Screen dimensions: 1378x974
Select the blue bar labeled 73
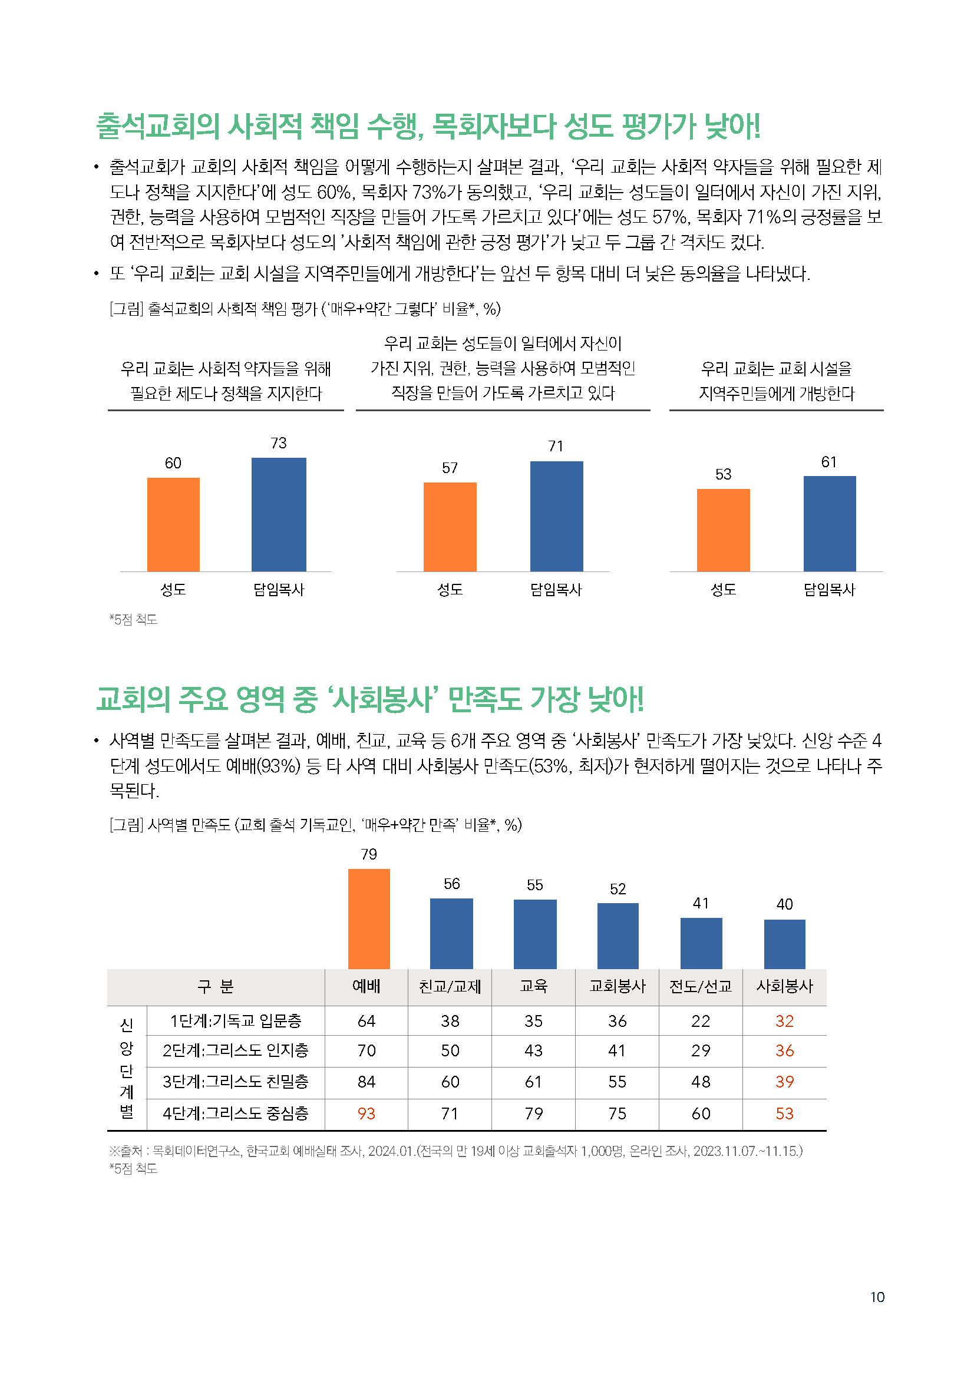tap(279, 514)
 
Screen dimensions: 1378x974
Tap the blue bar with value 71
tap(556, 516)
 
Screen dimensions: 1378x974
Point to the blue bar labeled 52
tap(618, 936)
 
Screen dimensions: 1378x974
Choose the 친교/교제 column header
tap(450, 986)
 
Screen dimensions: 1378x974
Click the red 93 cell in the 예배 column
tap(366, 1113)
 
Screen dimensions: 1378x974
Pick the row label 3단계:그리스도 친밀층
tap(235, 1082)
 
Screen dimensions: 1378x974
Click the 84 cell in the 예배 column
tap(366, 1082)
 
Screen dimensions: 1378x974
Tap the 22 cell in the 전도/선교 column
tap(701, 1021)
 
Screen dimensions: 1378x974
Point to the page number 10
tap(877, 1297)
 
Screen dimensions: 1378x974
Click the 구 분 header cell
tap(216, 986)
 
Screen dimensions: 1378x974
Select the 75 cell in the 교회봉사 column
tap(617, 1113)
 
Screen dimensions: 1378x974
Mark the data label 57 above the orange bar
tap(450, 468)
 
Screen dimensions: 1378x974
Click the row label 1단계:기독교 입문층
tap(235, 1020)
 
